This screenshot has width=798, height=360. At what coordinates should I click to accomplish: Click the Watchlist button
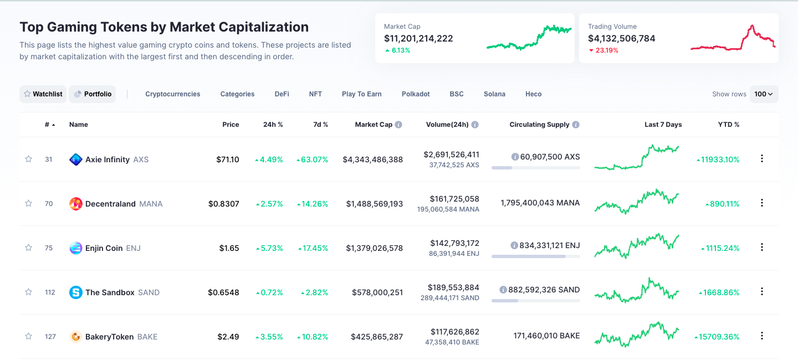(x=43, y=94)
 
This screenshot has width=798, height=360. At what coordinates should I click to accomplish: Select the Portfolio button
(x=92, y=94)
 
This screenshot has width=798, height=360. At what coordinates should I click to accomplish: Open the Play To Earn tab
(x=361, y=94)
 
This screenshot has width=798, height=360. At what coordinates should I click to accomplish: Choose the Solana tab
(x=494, y=94)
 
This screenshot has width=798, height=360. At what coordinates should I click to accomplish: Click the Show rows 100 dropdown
(x=764, y=94)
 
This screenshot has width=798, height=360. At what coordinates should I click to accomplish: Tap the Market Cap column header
(x=374, y=125)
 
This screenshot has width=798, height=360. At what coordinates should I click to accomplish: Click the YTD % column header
(x=728, y=125)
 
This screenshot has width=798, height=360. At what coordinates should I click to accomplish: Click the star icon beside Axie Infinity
(x=28, y=159)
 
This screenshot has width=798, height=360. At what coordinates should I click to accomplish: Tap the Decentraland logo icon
(x=76, y=204)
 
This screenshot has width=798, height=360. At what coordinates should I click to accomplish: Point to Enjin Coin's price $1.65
(x=229, y=248)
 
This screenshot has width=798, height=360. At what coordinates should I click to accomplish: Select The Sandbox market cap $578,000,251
(x=377, y=292)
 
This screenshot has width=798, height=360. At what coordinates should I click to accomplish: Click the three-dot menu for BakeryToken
(x=761, y=336)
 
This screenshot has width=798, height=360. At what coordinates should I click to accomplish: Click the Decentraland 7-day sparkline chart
(x=636, y=202)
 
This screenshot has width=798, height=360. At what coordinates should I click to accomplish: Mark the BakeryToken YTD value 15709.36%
(x=719, y=337)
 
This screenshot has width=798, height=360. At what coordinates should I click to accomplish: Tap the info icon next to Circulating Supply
(x=576, y=125)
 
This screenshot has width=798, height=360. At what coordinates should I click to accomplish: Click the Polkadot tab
(x=416, y=94)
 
